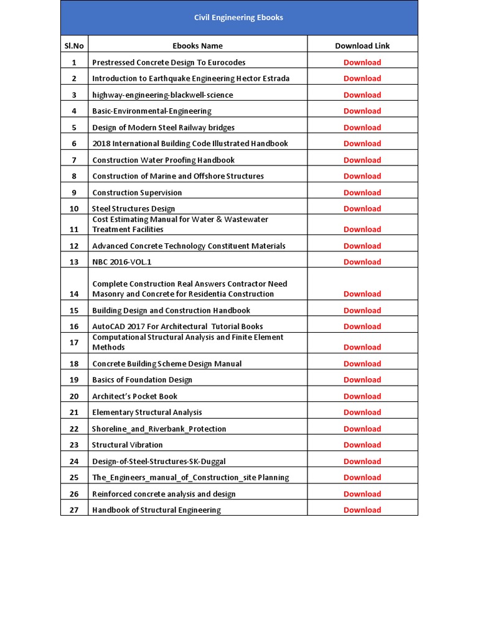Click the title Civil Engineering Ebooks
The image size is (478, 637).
pos(238,17)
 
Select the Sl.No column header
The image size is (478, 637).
pos(74,45)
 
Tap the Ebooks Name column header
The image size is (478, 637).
pos(197,45)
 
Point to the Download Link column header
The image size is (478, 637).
pos(362,45)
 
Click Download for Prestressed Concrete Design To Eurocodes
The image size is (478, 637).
pos(362,62)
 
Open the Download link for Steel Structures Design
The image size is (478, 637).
pos(362,208)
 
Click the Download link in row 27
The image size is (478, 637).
pos(362,510)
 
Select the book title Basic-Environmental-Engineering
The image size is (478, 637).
pos(152,111)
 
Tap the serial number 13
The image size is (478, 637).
pos(74,262)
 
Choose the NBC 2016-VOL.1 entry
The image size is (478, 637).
pos(121,262)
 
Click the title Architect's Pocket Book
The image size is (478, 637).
pos(134,396)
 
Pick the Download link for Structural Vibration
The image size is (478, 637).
pos(362,445)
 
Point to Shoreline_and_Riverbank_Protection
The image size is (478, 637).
pos(159,429)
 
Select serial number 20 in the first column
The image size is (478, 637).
pos(74,396)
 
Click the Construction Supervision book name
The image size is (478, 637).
pos(137,192)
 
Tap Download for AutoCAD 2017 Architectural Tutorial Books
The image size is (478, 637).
pos(362,326)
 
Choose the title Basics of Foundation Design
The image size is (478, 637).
pos(142,379)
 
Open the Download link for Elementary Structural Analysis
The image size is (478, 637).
pos(362,412)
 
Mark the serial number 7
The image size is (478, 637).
pos(74,160)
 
